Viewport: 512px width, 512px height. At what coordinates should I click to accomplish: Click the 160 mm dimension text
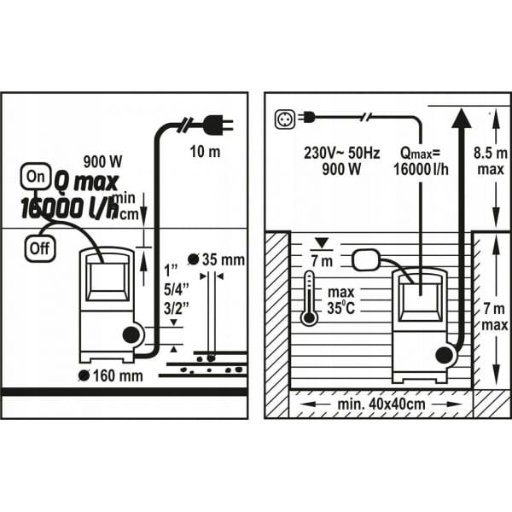point(116,375)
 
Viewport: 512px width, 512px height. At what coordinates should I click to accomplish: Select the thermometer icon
point(309,298)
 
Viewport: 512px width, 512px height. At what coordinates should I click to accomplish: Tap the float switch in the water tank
point(368,255)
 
